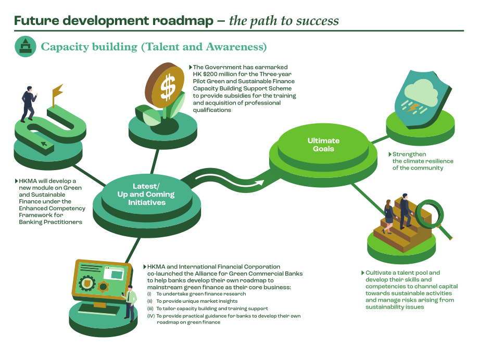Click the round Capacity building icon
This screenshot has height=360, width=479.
click(26, 46)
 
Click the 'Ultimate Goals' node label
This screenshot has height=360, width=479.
click(323, 145)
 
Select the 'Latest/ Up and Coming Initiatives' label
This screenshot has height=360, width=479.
click(146, 194)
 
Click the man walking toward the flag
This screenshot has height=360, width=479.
click(29, 105)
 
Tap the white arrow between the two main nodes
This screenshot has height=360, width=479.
click(230, 181)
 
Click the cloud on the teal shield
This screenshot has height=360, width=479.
click(421, 93)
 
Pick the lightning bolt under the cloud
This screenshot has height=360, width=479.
click(414, 107)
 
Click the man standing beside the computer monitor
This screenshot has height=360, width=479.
click(129, 303)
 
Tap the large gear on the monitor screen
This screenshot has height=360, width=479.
click(87, 283)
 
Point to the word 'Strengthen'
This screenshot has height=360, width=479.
click(409, 154)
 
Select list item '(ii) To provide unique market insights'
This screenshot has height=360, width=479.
click(193, 301)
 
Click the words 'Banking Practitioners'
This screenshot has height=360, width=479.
click(51, 222)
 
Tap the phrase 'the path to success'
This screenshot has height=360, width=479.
click(284, 21)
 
